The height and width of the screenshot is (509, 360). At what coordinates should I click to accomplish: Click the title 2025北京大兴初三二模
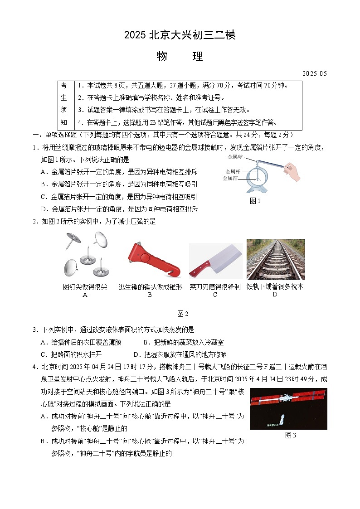click(x=180, y=35)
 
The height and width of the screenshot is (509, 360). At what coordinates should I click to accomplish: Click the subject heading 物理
click(x=180, y=57)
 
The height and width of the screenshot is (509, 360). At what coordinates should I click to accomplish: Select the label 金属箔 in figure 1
click(x=230, y=178)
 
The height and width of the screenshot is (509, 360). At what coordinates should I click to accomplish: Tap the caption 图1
click(x=255, y=201)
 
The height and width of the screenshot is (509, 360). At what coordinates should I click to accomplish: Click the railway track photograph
click(x=275, y=259)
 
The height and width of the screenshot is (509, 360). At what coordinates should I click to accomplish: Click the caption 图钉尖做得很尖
click(x=85, y=287)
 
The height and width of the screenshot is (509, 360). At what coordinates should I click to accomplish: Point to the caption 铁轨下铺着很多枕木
click(x=275, y=287)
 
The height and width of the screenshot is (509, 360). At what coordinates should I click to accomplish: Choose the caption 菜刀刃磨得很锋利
click(x=215, y=287)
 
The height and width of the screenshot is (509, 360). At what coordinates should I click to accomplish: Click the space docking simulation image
click(x=288, y=408)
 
